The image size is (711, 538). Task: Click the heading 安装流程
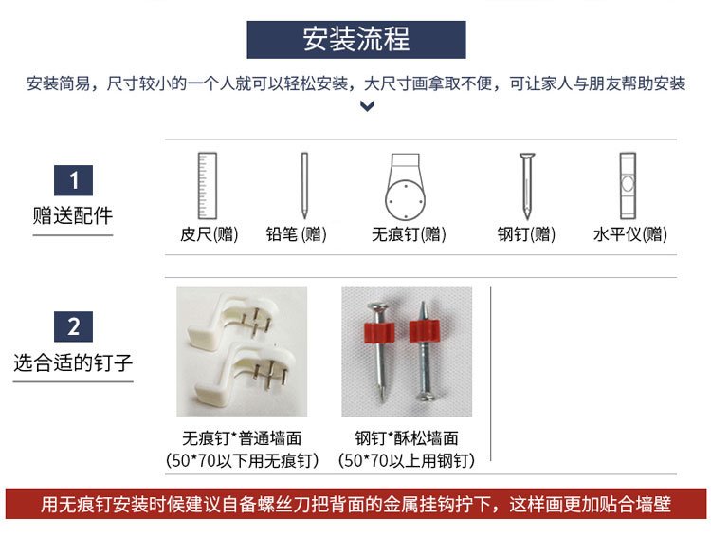pos(355,39)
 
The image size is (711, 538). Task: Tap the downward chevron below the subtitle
pos(367,106)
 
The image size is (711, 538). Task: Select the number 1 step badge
pos(73,180)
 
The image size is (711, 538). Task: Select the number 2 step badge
pos(73,326)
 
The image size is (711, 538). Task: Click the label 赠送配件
pos(73,215)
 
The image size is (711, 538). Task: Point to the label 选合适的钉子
pos(73,362)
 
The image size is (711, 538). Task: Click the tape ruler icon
pos(208,186)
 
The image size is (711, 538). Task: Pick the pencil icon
pos(304,186)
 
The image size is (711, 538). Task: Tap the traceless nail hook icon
pos(406,187)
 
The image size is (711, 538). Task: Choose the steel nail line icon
pos(527,186)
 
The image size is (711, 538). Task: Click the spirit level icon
pos(628,186)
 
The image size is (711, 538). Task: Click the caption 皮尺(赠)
pos(210,234)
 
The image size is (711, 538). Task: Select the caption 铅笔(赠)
pos(296,234)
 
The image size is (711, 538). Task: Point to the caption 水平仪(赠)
pos(630,234)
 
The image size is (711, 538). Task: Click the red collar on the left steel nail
pos(379,332)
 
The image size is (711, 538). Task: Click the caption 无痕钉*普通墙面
pos(242,438)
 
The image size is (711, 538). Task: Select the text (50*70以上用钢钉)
pos(407,460)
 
